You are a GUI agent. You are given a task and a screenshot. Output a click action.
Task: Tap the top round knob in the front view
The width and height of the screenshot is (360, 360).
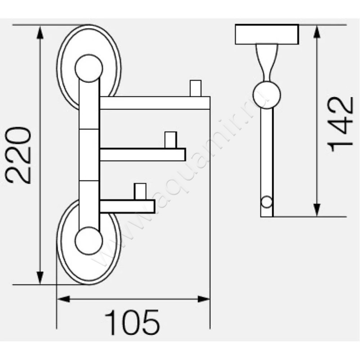89,68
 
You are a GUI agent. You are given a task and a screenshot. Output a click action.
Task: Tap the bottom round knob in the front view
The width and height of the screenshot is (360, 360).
89,241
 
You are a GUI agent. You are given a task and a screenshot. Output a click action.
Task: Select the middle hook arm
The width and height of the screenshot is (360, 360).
142,154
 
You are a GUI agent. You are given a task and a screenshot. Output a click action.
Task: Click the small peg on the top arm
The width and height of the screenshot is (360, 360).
195,88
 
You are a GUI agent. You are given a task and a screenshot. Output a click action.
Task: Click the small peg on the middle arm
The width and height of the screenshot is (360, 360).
170,140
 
